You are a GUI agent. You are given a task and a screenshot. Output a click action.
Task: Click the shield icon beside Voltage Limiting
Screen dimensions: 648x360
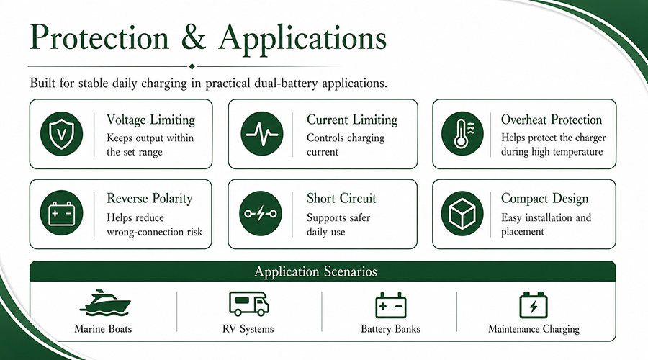pos(62,133)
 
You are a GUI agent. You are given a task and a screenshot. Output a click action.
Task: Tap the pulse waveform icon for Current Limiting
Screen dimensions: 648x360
pos(262,133)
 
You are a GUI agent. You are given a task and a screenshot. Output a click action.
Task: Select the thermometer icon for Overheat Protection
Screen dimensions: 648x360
pos(462,133)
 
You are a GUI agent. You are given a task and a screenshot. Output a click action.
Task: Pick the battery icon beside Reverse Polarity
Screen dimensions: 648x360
pos(62,213)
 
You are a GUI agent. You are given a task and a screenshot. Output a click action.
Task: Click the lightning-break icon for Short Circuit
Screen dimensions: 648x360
pos(261,213)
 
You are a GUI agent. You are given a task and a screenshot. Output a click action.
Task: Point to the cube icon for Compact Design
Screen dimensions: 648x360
pos(462,213)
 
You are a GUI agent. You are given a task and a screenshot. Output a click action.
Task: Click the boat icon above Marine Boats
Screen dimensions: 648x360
pos(105,303)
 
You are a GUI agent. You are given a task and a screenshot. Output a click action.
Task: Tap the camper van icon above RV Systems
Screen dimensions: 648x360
pos(249,304)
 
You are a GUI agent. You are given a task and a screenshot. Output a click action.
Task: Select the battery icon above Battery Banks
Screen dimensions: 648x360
pos(390,305)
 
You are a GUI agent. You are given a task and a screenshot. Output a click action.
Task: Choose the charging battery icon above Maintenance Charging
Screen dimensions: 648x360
pos(534,305)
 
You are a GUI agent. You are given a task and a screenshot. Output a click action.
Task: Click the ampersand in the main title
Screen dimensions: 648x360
pos(193,38)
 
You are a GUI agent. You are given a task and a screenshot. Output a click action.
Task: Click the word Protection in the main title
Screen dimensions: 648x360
pos(99,38)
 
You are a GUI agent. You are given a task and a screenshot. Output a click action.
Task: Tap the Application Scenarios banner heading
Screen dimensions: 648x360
pos(316,271)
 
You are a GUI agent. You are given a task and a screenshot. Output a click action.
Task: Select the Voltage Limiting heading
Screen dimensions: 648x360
pos(151,120)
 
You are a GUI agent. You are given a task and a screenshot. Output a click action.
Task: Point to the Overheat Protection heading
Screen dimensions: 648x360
pos(552,120)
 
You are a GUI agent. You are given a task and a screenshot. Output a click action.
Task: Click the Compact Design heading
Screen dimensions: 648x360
pos(545,199)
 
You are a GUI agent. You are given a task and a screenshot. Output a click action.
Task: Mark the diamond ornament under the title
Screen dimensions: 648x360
pos(192,66)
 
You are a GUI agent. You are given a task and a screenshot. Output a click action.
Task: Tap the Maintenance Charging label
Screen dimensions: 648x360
pos(534,329)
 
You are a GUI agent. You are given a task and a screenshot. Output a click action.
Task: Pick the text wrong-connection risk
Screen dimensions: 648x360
pos(155,232)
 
